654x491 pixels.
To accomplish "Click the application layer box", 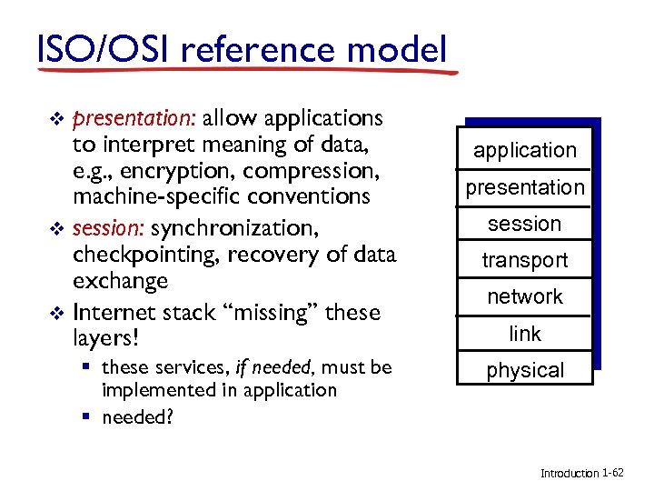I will (x=524, y=150).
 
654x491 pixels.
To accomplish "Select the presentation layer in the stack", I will (x=524, y=187).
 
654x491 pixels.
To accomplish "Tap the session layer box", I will (x=524, y=224).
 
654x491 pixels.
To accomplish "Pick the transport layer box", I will (x=524, y=260).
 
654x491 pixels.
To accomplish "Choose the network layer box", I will (x=524, y=296).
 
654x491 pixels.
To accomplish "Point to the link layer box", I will (x=524, y=334).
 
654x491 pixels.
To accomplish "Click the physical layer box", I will (x=524, y=370).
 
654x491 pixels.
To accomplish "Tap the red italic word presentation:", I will (x=136, y=119).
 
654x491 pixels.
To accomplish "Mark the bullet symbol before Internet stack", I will (x=58, y=313).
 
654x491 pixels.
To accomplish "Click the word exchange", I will (x=120, y=282).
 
